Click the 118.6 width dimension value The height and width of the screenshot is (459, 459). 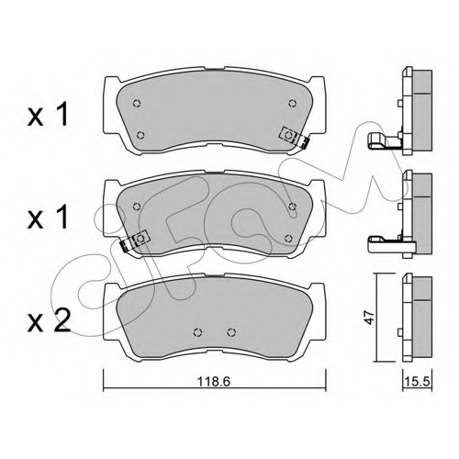coord(213,382)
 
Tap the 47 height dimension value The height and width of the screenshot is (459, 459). coord(369,318)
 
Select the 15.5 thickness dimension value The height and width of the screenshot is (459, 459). coord(417,382)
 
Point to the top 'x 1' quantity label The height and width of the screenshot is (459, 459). coord(48,114)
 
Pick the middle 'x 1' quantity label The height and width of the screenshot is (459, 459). coord(48,217)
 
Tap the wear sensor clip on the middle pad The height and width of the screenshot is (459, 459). coord(135,240)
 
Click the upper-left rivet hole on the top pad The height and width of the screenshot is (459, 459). coord(137,103)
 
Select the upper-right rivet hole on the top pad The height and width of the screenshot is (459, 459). coord(293,103)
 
